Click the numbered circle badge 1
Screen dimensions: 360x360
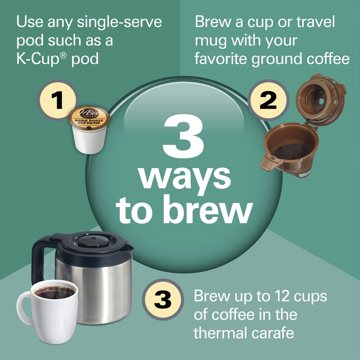[57, 100]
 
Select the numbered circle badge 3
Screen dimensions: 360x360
[162, 300]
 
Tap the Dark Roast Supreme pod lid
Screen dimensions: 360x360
[89, 118]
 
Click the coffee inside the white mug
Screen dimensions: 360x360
[54, 293]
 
